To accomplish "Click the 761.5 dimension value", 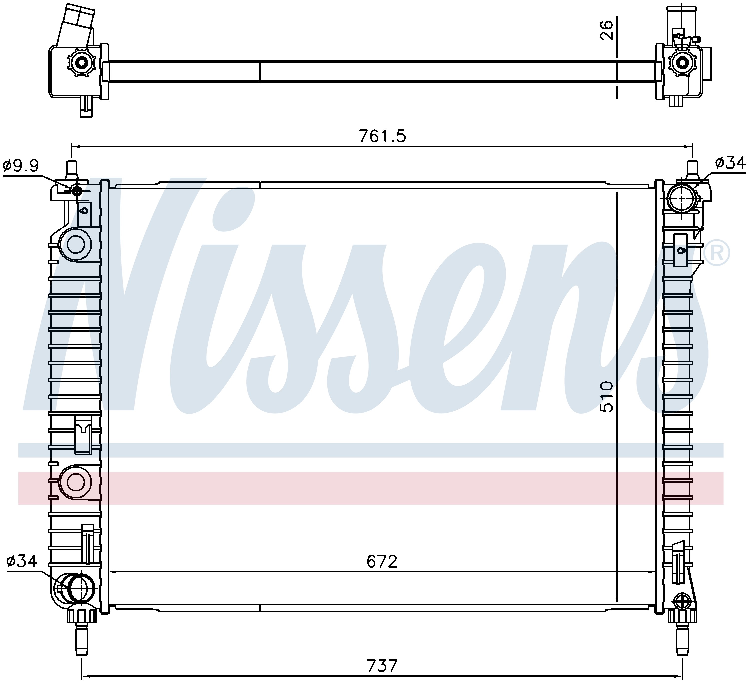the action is pyautogui.click(x=382, y=136).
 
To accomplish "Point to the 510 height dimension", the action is pyautogui.click(x=607, y=396).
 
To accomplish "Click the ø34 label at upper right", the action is pyautogui.click(x=730, y=163).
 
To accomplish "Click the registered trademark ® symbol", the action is pyautogui.click(x=717, y=253).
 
